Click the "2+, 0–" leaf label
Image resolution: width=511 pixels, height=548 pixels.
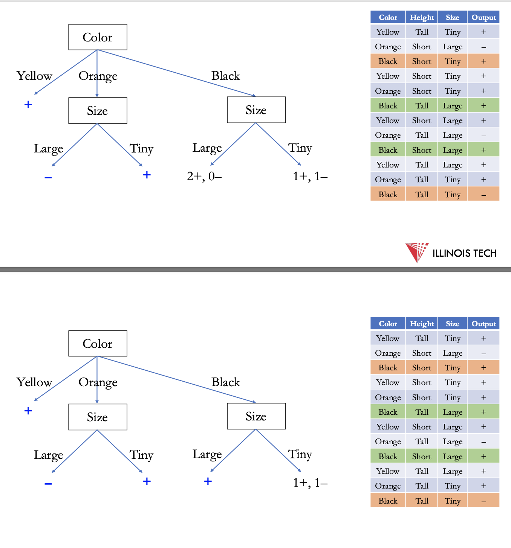tap(204, 176)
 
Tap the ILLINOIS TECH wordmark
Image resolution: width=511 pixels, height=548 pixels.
tap(464, 253)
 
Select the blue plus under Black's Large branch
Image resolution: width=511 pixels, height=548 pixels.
tap(208, 481)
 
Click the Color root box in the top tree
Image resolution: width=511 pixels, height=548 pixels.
tap(98, 37)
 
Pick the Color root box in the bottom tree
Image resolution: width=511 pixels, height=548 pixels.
tap(98, 344)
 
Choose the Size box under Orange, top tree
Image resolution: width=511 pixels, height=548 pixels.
tap(98, 111)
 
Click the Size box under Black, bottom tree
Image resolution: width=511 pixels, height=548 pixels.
tap(256, 416)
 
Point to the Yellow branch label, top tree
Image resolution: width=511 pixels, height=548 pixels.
tap(34, 76)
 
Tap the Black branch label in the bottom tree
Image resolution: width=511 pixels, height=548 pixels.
tap(225, 382)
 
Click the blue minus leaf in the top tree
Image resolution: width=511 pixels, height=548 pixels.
tap(48, 177)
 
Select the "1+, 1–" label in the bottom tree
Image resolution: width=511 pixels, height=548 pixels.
tap(310, 483)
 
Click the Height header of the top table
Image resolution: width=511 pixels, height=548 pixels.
tap(422, 17)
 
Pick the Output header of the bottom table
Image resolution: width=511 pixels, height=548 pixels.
tap(483, 324)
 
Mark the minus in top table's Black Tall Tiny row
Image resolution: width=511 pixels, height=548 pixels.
tap(483, 195)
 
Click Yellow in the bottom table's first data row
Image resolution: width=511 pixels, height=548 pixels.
tap(388, 338)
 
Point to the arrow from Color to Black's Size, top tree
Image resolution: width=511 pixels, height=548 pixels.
tap(177, 73)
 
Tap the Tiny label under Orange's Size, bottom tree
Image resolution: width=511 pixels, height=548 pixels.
tap(141, 455)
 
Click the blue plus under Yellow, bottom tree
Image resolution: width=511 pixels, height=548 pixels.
tap(28, 411)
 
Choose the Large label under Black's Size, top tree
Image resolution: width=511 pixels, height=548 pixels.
tap(207, 148)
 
